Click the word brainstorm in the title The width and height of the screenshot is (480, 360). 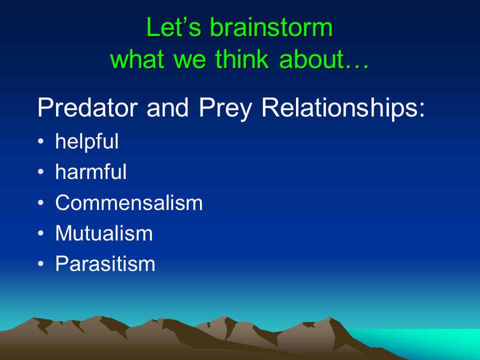click(271, 27)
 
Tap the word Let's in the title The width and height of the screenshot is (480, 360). click(173, 27)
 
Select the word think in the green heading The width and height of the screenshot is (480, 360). click(242, 58)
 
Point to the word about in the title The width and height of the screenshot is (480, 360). click(324, 58)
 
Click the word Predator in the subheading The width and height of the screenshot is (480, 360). click(87, 107)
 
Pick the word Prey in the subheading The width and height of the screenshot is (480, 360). click(225, 108)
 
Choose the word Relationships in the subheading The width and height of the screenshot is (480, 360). click(343, 107)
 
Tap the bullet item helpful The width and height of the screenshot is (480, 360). click(87, 141)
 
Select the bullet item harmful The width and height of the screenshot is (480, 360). click(91, 171)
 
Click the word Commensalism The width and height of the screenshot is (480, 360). click(129, 202)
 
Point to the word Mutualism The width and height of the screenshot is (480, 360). click(104, 233)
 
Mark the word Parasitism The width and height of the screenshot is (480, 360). click(105, 263)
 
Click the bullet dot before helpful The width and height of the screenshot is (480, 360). click(40, 141)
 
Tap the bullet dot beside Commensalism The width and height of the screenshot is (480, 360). click(40, 202)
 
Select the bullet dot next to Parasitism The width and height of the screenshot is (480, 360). click(40, 264)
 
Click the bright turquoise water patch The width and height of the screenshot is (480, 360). click(422, 341)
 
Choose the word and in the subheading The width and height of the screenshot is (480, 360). click(167, 107)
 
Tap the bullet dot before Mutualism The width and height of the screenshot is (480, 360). click(40, 233)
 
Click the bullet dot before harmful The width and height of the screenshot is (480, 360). click(40, 172)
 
